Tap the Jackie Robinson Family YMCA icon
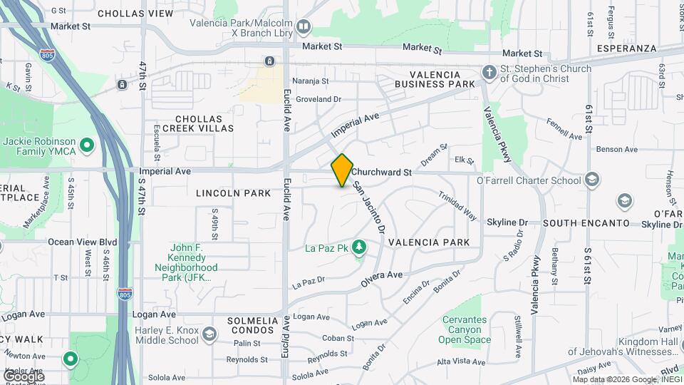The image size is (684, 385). pos(87,147)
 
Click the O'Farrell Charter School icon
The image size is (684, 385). pos(591,180)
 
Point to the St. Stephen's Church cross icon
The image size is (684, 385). pos(489,73)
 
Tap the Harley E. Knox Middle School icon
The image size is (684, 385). pos(209,334)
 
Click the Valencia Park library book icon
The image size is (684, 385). pos(304,28)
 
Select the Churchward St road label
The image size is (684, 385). pos(381,172)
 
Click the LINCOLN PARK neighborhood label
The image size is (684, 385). pos(234,193)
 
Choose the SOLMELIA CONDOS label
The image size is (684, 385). pos(253,327)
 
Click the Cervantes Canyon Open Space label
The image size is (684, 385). pos(467,329)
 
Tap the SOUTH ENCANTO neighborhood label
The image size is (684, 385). pos(586,223)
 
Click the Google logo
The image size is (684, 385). pos(24,376)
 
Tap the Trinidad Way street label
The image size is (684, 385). pos(457,205)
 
